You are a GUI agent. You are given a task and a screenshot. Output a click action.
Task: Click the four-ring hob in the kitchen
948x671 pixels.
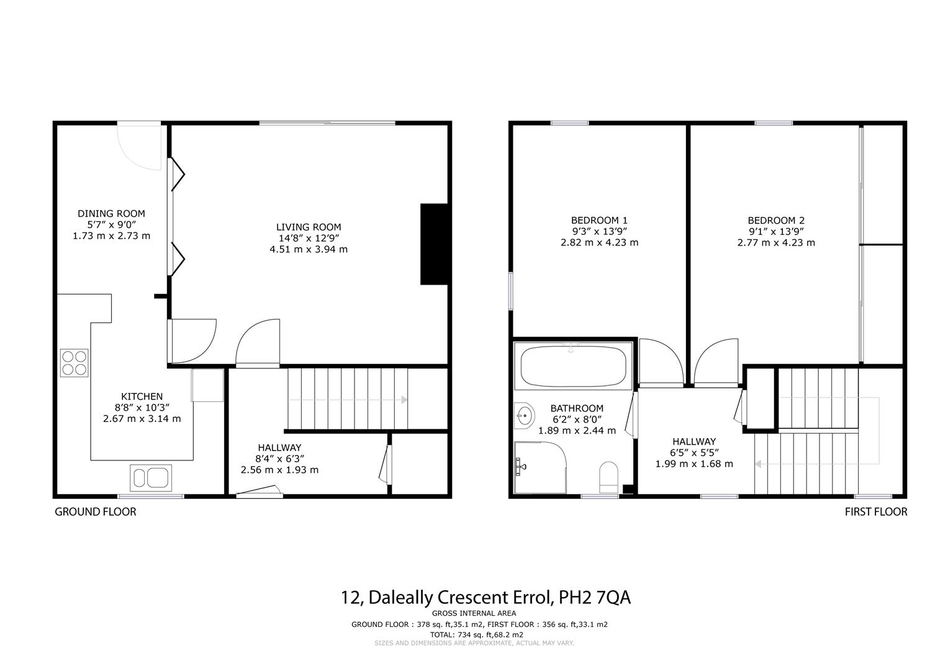(74, 363)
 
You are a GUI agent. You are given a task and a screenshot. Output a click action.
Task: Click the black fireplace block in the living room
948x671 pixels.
(434, 244)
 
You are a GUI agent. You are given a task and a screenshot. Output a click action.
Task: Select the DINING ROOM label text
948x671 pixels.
(111, 214)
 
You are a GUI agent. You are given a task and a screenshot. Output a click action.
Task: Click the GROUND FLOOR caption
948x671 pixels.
(96, 512)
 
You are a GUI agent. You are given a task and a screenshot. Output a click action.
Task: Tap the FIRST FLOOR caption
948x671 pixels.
(876, 512)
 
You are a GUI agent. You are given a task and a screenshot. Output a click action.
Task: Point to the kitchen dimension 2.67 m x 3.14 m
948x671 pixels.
(142, 419)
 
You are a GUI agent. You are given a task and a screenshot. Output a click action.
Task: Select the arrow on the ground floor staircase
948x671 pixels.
(404, 399)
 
